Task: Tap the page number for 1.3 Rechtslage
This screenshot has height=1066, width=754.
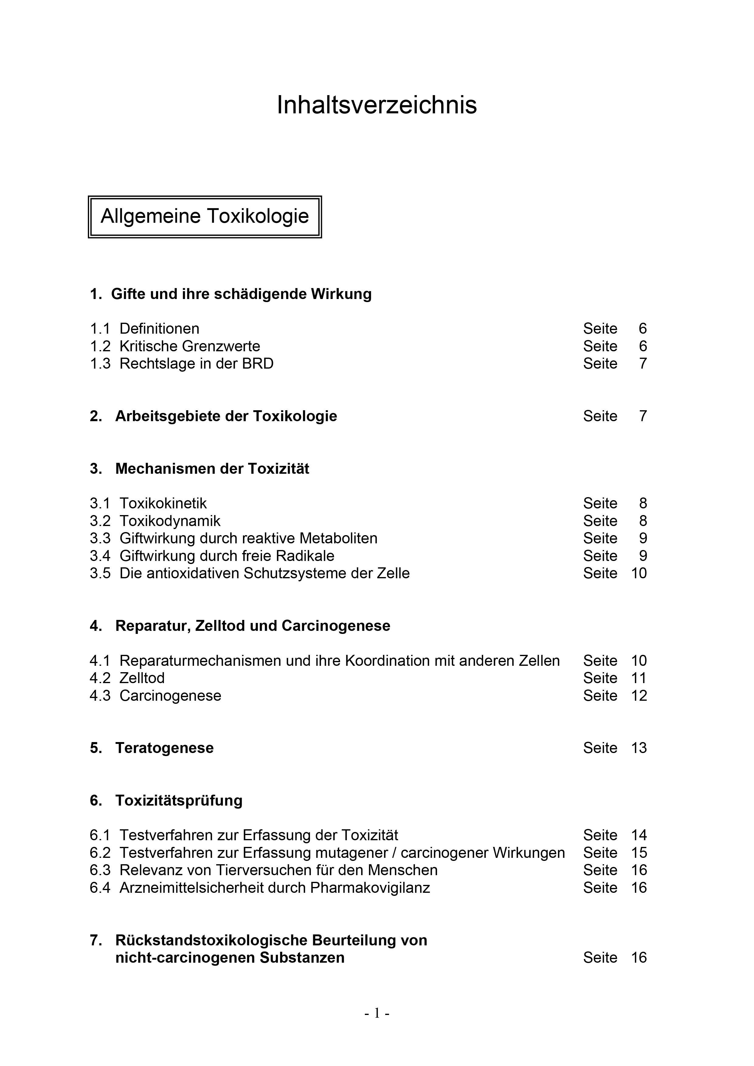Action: point(642,363)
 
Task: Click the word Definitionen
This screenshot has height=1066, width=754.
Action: point(159,329)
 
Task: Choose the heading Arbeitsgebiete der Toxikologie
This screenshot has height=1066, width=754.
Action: point(226,416)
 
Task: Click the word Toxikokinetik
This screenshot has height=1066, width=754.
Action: point(163,503)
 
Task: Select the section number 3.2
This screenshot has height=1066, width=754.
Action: point(100,521)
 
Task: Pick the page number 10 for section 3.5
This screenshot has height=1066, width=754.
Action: point(639,573)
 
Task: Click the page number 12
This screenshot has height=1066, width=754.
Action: point(639,696)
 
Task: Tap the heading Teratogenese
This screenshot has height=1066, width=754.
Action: point(164,748)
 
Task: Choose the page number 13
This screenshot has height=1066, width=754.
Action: point(639,748)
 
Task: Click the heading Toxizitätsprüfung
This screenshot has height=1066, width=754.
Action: point(179,800)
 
